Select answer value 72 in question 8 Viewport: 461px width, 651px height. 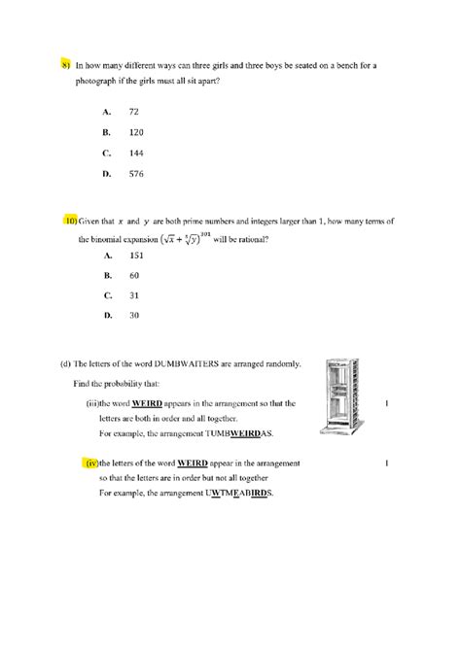[134, 112]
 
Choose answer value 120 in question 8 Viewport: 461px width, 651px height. [136, 132]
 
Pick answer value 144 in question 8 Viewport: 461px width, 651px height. [136, 153]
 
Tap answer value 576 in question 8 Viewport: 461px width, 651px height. [136, 174]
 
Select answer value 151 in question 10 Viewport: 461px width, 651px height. [136, 256]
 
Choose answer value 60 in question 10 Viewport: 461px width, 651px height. [134, 275]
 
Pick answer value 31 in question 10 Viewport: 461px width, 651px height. [134, 295]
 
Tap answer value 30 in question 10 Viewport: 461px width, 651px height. [134, 316]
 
